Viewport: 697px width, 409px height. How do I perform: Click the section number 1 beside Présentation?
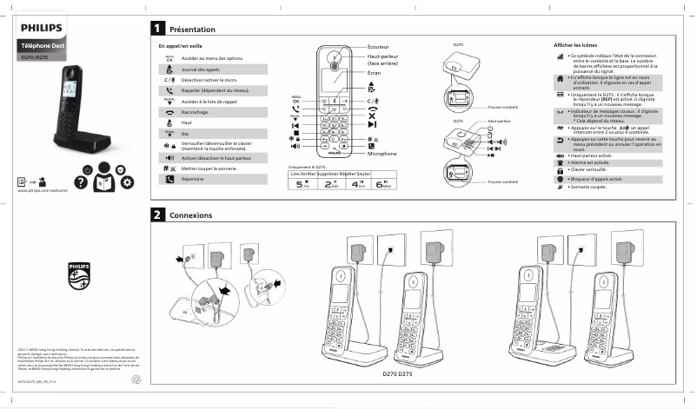pyautogui.click(x=157, y=29)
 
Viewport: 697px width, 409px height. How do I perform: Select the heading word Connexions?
pyautogui.click(x=190, y=214)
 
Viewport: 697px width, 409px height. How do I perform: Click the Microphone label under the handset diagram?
pyautogui.click(x=382, y=154)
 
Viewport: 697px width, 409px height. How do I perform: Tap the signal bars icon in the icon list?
pyautogui.click(x=560, y=56)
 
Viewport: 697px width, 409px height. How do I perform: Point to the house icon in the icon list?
pyautogui.click(x=560, y=77)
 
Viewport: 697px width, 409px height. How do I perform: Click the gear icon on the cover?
pyautogui.click(x=127, y=181)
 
